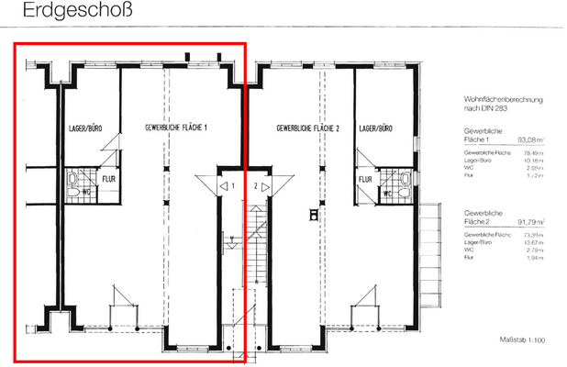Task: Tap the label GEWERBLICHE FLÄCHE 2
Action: tap(308, 128)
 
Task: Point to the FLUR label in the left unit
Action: tap(108, 179)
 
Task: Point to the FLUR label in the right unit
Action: tap(365, 179)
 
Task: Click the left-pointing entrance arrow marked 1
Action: tap(224, 186)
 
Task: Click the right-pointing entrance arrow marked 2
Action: tap(265, 186)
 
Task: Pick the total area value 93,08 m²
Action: tap(530, 140)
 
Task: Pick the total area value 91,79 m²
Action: tap(530, 221)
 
